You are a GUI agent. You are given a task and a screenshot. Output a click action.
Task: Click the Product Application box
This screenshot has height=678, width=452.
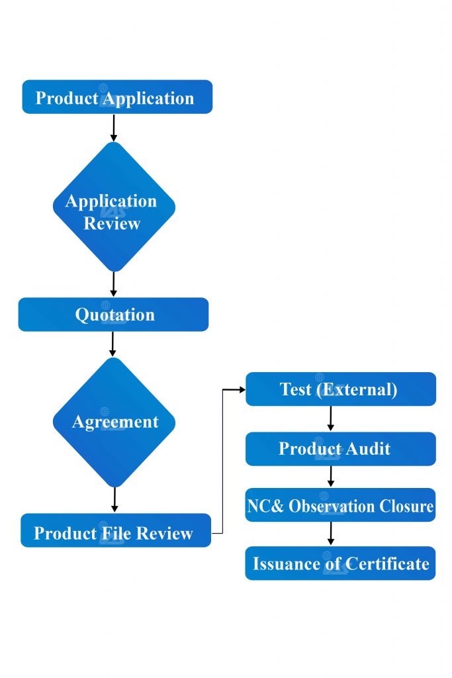117,97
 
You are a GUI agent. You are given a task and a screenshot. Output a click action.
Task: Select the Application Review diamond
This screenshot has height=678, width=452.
114,207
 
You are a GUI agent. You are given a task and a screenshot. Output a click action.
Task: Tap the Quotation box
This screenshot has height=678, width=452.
113,315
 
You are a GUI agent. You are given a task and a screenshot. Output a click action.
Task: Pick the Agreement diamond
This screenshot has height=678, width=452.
114,422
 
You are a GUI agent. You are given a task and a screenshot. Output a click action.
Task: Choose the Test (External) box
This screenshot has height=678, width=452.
340,389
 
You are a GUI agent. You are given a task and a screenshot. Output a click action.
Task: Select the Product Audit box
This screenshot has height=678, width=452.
340,449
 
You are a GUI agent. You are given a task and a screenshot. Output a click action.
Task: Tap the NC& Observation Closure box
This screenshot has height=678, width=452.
340,506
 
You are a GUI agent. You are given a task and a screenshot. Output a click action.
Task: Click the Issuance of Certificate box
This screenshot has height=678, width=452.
340,563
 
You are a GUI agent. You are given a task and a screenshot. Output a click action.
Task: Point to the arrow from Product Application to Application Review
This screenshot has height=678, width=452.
113,127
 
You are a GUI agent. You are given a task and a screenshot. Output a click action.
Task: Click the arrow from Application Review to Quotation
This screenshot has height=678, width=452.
113,283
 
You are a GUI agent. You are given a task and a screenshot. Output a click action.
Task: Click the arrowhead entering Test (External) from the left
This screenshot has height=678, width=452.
241,389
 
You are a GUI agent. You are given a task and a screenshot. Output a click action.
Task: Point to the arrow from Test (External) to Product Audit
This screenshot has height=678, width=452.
330,418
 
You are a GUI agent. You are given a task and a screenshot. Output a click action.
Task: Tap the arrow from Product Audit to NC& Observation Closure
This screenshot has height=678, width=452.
330,476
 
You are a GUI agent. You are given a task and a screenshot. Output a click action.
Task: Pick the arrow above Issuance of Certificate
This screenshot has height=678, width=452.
330,534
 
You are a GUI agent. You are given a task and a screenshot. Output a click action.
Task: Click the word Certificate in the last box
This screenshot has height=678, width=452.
388,564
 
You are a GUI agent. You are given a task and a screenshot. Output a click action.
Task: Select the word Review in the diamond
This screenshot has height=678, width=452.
112,223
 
